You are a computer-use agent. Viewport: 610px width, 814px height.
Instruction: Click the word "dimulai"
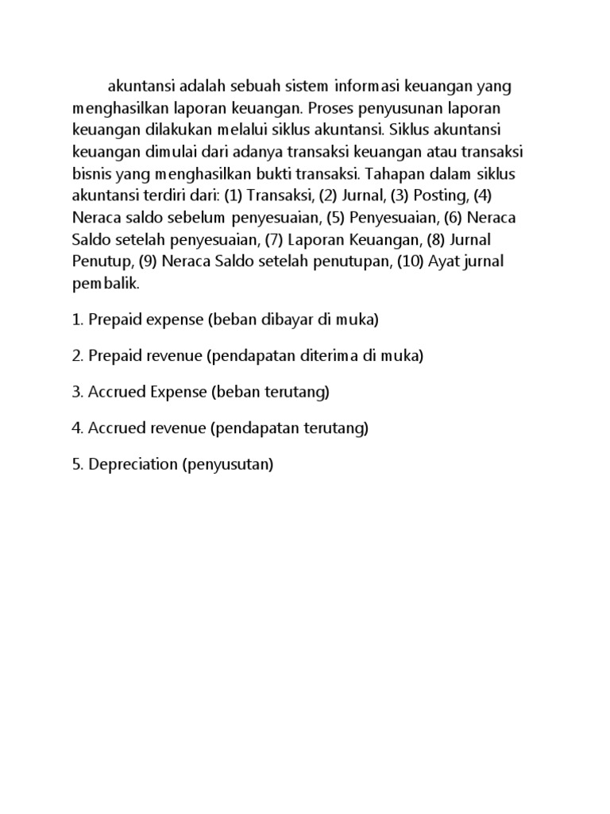157,151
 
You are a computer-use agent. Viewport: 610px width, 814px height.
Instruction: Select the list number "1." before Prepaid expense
78,320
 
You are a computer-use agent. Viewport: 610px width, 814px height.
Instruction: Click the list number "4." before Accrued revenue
78,428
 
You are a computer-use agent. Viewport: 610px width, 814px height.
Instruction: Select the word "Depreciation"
133,464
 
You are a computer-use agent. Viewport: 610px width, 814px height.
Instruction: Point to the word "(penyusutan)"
228,464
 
